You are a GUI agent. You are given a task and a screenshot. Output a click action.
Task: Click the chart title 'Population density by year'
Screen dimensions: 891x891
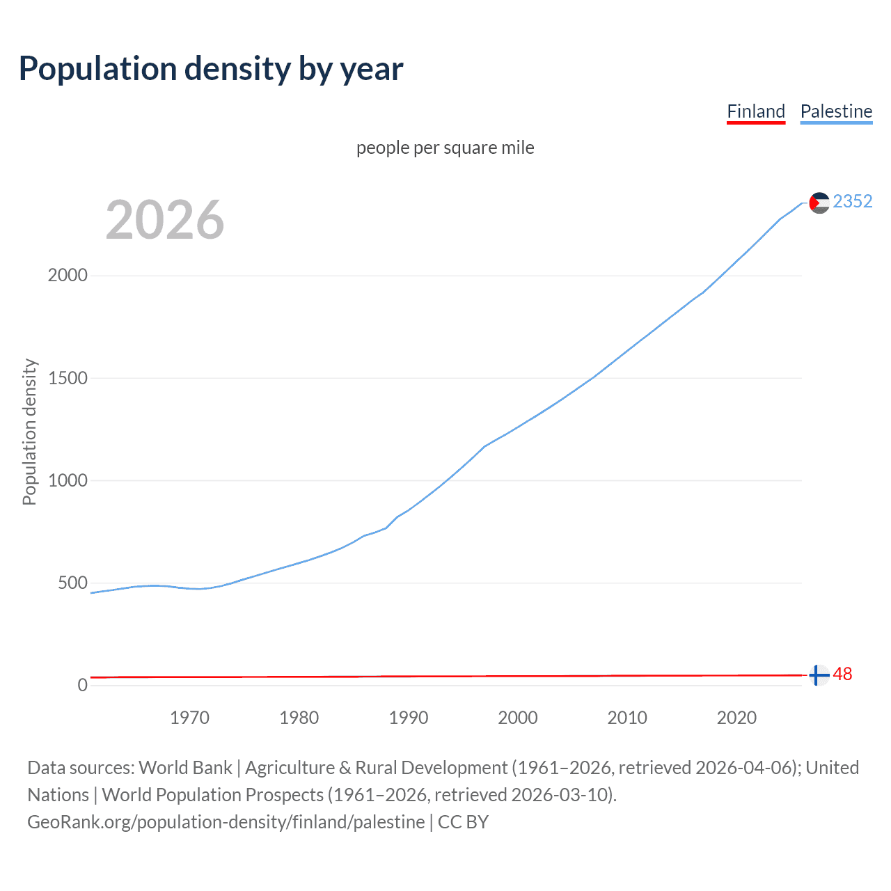coord(211,69)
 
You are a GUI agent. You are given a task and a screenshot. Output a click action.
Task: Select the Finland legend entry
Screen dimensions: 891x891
coord(756,111)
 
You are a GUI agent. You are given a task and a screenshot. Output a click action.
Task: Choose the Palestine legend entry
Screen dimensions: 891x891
coord(836,111)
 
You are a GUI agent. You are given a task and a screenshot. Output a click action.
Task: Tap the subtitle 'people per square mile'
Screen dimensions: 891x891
coord(445,148)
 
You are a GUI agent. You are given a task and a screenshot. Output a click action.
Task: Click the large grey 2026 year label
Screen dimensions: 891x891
coord(165,220)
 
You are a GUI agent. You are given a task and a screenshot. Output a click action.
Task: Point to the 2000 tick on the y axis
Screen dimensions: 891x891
coord(68,275)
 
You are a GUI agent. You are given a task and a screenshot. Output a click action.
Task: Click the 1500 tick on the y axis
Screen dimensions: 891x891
coord(68,378)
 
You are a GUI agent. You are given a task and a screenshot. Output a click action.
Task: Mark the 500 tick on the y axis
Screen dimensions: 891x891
coord(72,583)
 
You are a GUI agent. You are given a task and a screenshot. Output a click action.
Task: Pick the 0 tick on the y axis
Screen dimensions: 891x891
coord(83,685)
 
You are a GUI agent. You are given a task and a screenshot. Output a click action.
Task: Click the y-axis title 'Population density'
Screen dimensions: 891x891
coord(29,432)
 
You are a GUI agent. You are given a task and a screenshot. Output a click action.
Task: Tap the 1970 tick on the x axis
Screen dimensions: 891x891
coord(189,718)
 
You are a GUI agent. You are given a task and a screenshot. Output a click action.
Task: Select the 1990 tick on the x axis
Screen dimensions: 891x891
coord(409,718)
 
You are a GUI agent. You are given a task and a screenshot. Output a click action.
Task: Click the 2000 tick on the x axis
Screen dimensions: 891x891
coord(518,718)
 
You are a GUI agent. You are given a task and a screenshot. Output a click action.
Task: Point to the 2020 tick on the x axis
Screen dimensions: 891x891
coord(736,718)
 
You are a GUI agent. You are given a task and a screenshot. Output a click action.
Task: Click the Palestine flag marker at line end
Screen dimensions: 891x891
coord(819,203)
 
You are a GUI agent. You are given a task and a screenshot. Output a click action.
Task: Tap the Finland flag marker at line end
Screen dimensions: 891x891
coord(819,675)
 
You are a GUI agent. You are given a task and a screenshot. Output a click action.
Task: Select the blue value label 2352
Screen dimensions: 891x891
coord(853,201)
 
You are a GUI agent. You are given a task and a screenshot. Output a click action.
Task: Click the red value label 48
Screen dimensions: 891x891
coord(842,675)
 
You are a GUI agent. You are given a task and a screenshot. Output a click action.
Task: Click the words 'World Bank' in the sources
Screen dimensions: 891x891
coord(185,768)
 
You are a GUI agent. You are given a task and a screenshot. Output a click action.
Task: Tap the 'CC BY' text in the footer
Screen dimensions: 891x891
coord(464,822)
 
